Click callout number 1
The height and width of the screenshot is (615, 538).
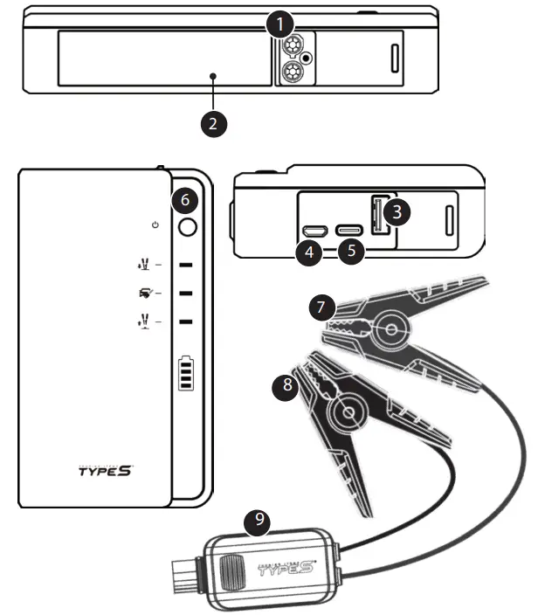(x=279, y=24)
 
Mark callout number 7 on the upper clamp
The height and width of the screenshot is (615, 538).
(x=321, y=307)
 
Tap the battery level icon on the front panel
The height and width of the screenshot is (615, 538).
(x=185, y=373)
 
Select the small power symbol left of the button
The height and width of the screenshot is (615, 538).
(x=155, y=225)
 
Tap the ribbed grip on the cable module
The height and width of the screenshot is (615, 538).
(x=231, y=573)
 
